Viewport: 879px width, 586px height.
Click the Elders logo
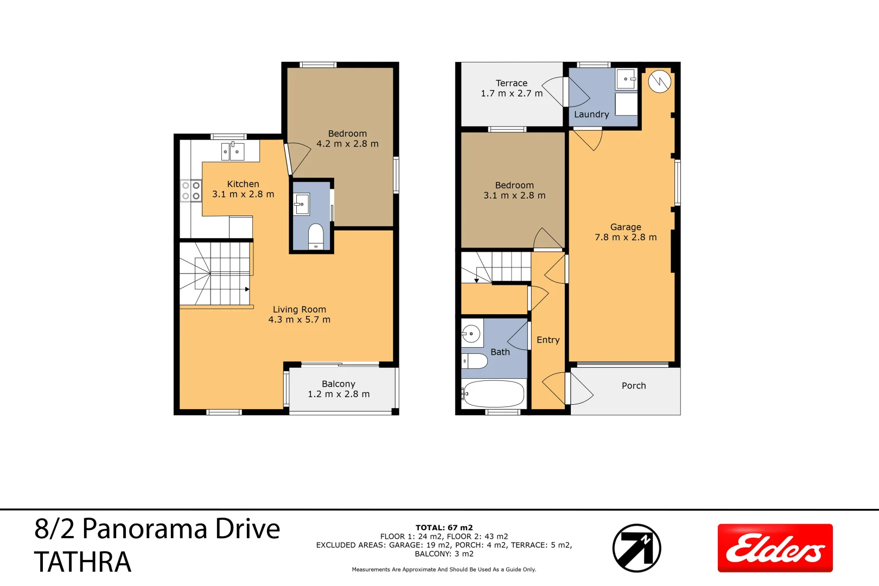(x=775, y=548)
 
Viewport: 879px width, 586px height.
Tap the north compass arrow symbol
(x=636, y=548)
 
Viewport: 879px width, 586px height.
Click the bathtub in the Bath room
(x=494, y=394)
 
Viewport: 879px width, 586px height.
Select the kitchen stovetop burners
(x=190, y=190)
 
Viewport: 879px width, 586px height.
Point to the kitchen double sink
(x=233, y=151)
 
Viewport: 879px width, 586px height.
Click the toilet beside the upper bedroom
(x=316, y=237)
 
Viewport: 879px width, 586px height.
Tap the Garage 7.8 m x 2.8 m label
(x=626, y=232)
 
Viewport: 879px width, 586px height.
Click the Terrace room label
(x=511, y=88)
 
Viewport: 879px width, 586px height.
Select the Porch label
(x=633, y=386)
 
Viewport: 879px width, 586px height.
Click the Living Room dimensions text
(x=299, y=320)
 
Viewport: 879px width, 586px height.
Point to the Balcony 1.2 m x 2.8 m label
(x=339, y=389)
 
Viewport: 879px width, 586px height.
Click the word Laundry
(x=591, y=114)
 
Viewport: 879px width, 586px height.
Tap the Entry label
(x=547, y=340)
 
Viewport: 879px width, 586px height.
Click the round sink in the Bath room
(x=472, y=334)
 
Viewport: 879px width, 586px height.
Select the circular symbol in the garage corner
(x=659, y=82)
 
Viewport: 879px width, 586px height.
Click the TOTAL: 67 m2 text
(x=444, y=527)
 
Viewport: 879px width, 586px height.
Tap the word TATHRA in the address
(x=83, y=562)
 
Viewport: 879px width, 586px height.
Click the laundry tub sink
(x=626, y=80)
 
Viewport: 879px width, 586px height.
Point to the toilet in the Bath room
(x=475, y=361)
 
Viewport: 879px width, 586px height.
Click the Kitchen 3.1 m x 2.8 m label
(x=243, y=189)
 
